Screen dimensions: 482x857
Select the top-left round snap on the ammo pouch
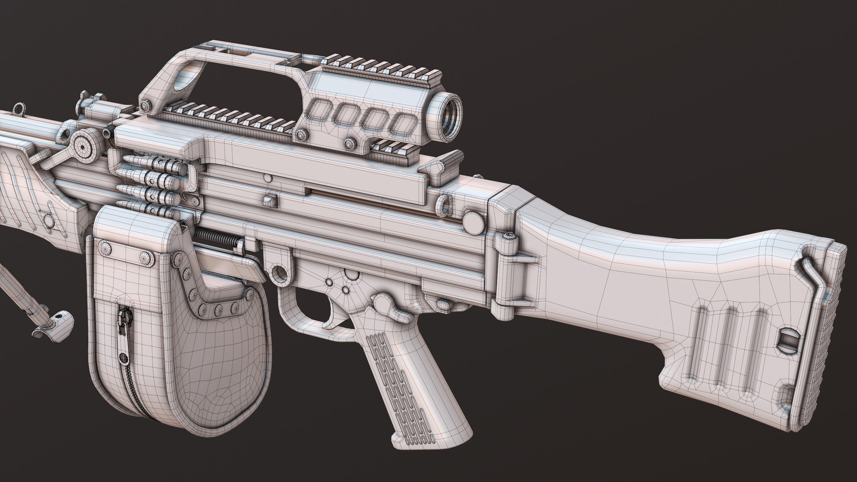[x=106, y=246]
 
